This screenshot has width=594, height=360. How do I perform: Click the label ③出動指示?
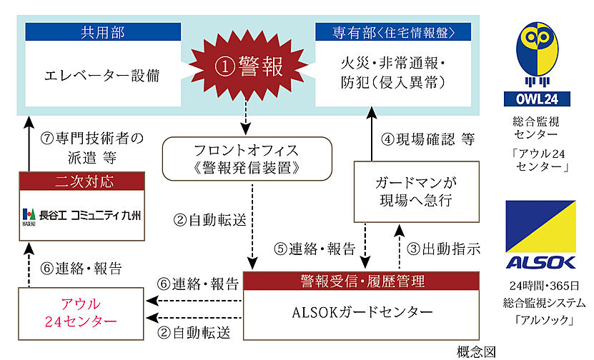443,249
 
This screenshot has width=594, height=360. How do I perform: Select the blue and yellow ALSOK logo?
548,235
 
